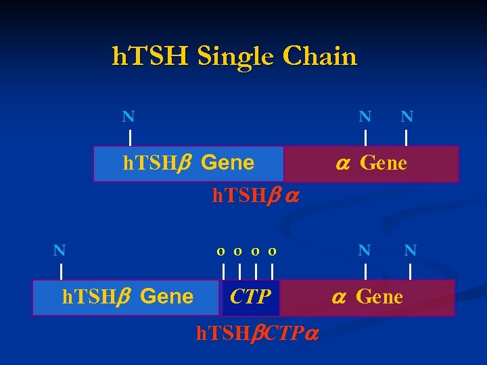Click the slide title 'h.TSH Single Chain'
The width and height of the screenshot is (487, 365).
point(234,56)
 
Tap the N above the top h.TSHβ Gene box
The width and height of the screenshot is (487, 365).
point(128,116)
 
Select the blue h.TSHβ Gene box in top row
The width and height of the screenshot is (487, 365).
point(188,164)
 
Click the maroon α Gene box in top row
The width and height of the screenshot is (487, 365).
point(371,164)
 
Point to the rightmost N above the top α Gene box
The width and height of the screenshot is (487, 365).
point(407,116)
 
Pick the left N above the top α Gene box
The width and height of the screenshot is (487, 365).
point(365,116)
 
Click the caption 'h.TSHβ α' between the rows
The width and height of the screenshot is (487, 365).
point(256,196)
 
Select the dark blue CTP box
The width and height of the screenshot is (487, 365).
point(250,297)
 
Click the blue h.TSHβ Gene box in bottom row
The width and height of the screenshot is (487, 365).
point(127,297)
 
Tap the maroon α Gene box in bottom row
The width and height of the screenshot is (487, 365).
point(367,297)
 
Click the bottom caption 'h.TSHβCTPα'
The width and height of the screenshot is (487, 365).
point(257,333)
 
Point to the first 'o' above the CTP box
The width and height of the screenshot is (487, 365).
point(221,251)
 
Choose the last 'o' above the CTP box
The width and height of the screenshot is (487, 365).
point(272,251)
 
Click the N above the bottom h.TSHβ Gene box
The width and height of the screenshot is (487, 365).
point(60,250)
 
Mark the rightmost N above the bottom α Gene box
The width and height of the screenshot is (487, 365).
point(410,250)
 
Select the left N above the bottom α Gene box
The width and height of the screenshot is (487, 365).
point(365,250)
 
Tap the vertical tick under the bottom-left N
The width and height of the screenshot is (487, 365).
point(61,272)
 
